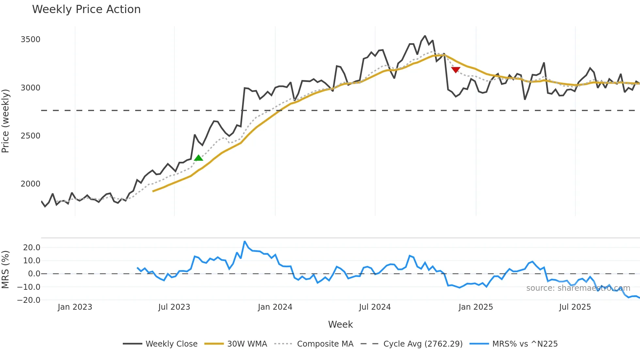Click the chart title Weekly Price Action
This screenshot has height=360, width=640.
(86, 9)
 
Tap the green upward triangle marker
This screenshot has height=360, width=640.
(199, 158)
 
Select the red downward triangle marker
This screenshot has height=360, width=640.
(456, 70)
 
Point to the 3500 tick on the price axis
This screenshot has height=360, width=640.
(30, 40)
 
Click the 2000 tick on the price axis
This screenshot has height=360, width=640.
(30, 184)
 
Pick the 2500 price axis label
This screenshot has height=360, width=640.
(30, 136)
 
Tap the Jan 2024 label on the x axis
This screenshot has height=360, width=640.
(275, 307)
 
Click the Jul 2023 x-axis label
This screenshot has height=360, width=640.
(174, 307)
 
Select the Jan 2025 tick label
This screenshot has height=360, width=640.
(475, 307)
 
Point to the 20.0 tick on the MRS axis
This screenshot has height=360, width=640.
(32, 248)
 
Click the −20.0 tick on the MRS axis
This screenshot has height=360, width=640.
(29, 300)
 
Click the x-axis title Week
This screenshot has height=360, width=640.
(340, 324)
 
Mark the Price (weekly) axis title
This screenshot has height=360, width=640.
(5, 121)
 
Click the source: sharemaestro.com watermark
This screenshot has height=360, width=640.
(578, 288)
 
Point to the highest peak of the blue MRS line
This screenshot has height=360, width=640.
(245, 242)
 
